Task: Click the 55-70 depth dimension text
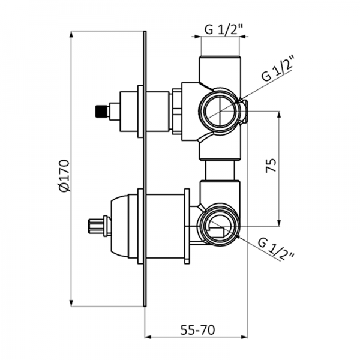click(197, 330)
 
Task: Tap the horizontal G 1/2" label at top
click(220, 28)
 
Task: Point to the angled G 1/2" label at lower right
click(276, 248)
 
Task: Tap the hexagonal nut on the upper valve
click(177, 110)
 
